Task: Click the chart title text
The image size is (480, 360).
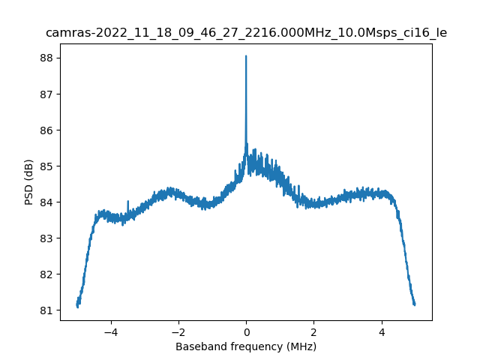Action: coord(246,33)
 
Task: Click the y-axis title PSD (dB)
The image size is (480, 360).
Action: coord(29,181)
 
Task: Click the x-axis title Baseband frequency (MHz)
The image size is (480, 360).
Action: coord(246,346)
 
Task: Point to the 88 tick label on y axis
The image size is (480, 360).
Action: coord(46,58)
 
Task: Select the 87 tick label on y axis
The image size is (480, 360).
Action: coord(46,94)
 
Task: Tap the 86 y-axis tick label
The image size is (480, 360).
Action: coord(46,130)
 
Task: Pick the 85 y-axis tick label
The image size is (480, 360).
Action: coord(46,166)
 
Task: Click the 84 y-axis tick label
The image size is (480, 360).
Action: coord(46,202)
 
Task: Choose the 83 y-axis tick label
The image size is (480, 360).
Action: coord(46,238)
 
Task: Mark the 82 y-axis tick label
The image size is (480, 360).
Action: coord(46,274)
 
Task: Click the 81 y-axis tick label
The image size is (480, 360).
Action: coord(46,310)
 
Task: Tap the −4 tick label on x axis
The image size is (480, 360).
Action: coord(110,331)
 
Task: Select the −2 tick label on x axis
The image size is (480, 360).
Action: coord(178,331)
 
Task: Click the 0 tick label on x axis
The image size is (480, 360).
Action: coord(246,331)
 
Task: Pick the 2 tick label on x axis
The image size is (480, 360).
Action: coord(313,331)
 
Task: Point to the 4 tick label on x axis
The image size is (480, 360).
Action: coord(381,331)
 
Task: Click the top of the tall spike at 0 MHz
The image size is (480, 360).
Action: coord(246,56)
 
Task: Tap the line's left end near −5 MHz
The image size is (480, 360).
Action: coord(77,305)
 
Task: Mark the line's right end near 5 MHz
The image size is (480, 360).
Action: coord(415,304)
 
